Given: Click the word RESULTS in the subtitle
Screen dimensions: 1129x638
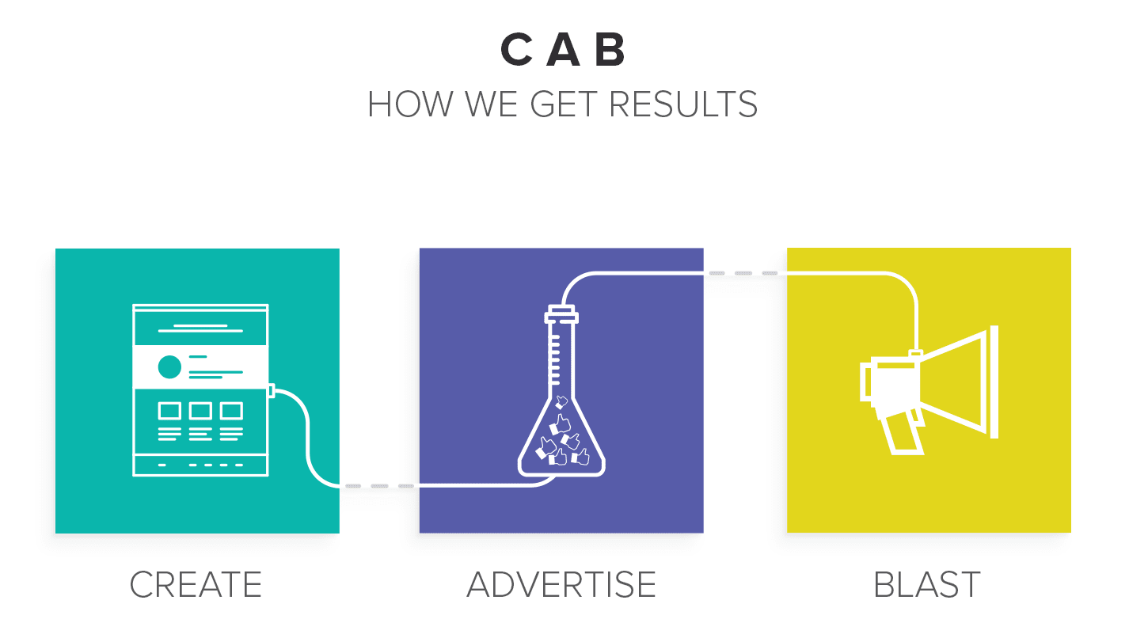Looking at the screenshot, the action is [x=683, y=104].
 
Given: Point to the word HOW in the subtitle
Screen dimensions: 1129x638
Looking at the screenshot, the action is [x=410, y=104].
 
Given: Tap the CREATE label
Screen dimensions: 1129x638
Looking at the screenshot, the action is [x=196, y=585].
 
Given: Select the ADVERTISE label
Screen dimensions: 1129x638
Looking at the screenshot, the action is [x=561, y=585].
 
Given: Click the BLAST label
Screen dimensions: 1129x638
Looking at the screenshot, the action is [x=927, y=585].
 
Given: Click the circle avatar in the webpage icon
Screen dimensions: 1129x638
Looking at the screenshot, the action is [x=169, y=366].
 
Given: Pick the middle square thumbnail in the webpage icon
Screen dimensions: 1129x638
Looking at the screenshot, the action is [x=200, y=411].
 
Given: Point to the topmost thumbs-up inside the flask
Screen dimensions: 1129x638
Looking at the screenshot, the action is [x=561, y=401].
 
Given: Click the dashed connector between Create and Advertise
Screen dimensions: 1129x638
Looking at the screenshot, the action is [x=379, y=486].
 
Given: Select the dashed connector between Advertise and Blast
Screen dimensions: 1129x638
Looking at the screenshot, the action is [x=743, y=273].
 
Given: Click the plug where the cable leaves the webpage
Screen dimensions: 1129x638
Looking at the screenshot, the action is [x=271, y=390].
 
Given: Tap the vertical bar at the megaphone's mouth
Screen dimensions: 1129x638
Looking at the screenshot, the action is [x=994, y=382].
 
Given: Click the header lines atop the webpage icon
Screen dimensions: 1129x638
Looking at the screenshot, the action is [x=200, y=328].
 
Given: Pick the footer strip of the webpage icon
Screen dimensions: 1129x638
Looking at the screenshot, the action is [x=200, y=465].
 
